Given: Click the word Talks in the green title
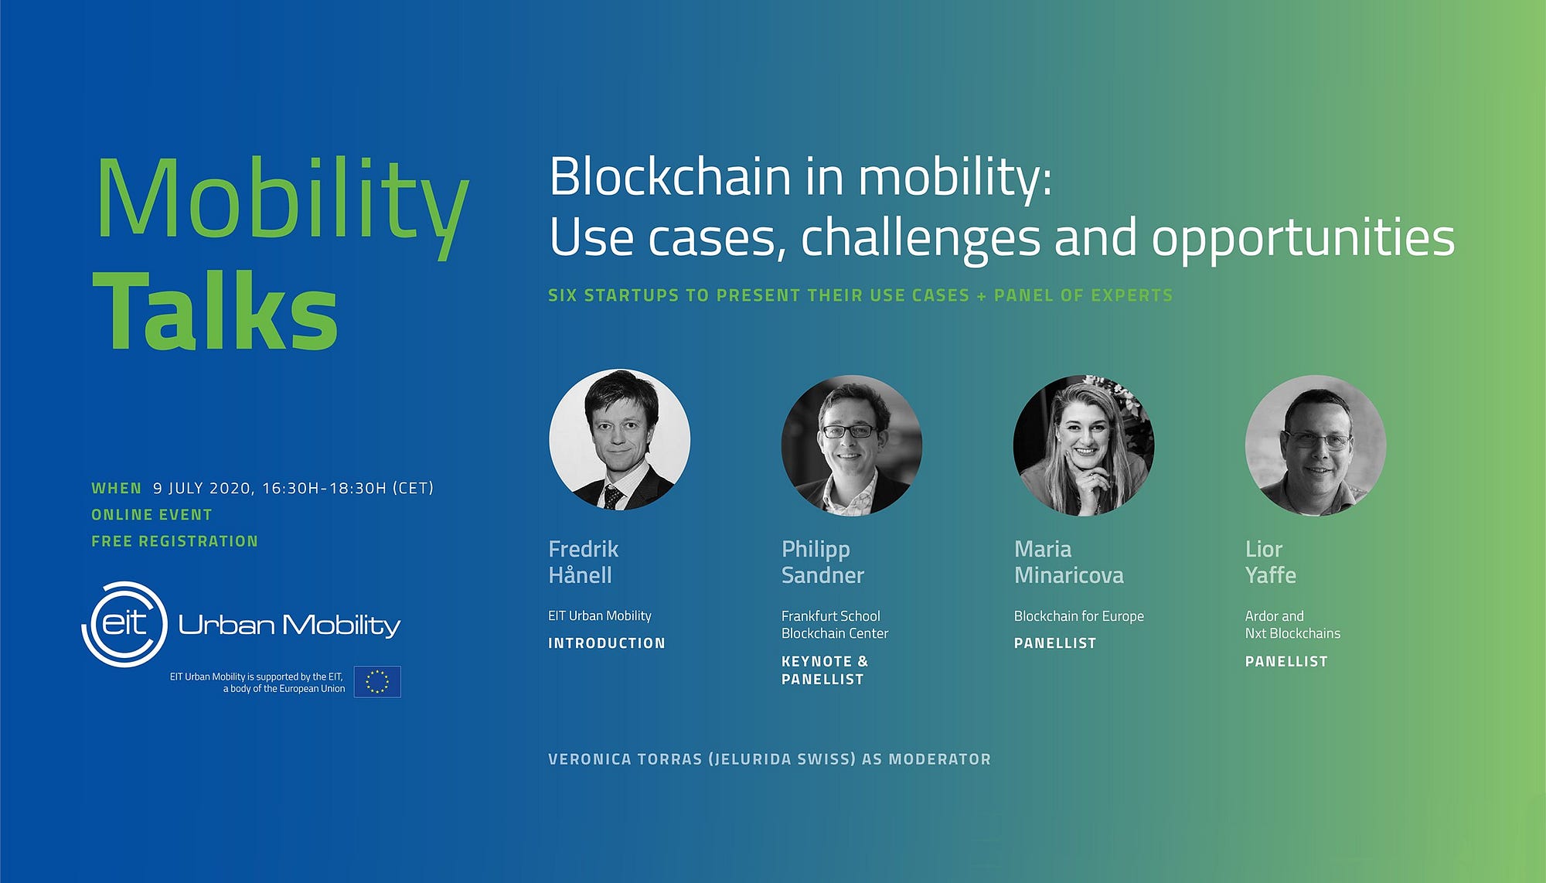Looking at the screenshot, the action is [x=216, y=311].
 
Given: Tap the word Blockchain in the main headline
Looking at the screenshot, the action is [x=670, y=177].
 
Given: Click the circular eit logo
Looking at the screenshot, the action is [x=124, y=624].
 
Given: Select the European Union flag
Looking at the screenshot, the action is [x=377, y=681].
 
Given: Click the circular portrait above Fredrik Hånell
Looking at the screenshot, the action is [x=619, y=439].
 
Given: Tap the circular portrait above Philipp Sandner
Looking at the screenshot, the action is [x=852, y=445].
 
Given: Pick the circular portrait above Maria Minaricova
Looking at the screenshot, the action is [x=1084, y=445].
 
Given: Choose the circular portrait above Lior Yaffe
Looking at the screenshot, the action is [x=1316, y=445].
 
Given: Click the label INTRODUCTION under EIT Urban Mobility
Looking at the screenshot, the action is [x=607, y=643].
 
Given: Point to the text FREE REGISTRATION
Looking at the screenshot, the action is [x=175, y=541].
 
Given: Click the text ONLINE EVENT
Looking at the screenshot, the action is [x=152, y=515].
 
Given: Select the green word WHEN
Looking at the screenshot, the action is [x=117, y=489].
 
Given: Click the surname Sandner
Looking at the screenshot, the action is [x=822, y=575].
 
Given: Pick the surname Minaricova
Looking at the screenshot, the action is [x=1069, y=575].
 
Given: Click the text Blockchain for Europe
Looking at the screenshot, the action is [x=1079, y=616].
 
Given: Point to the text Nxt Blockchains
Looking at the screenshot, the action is [x=1292, y=633].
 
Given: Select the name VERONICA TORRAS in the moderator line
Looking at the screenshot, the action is [x=625, y=759].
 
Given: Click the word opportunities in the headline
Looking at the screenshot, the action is [x=1303, y=239].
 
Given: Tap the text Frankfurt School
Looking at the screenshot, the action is [x=831, y=616].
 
